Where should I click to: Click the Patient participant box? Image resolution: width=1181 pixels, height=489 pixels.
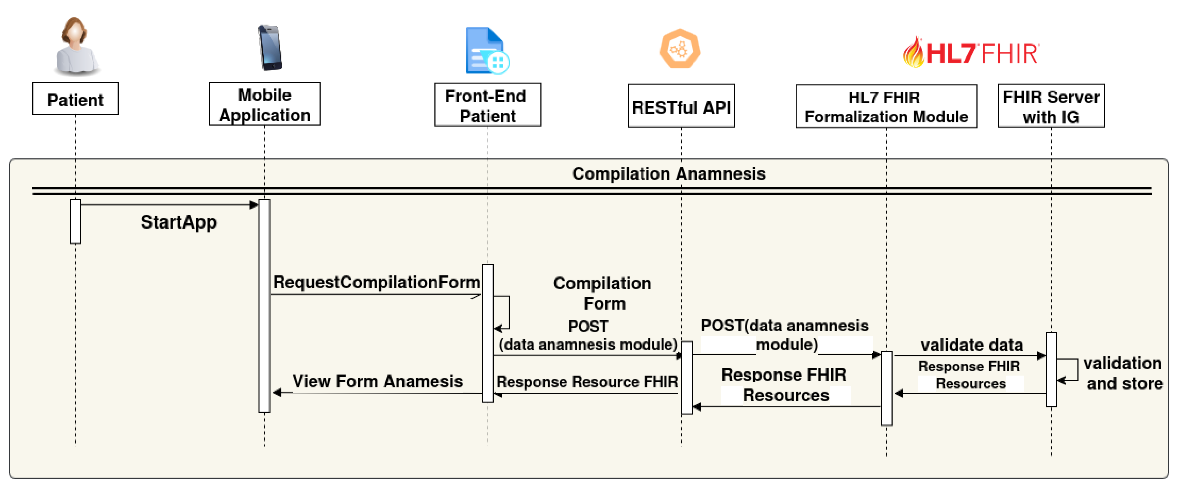(x=75, y=98)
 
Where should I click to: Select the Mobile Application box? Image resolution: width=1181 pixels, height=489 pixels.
(x=265, y=104)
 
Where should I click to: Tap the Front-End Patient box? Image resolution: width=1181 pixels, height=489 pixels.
(x=488, y=105)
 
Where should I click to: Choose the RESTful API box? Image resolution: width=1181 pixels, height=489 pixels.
(x=681, y=106)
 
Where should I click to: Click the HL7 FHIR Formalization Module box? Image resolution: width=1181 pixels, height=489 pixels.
(x=886, y=106)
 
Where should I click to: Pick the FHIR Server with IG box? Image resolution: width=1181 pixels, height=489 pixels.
(x=1051, y=106)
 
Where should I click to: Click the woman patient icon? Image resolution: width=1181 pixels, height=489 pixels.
(x=76, y=46)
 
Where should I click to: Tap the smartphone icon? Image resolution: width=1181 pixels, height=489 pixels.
(x=270, y=48)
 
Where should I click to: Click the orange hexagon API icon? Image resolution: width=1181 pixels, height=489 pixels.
(x=680, y=49)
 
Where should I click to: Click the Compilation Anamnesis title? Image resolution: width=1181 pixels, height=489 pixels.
(x=668, y=174)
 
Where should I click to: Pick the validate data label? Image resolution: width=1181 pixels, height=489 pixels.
(x=971, y=345)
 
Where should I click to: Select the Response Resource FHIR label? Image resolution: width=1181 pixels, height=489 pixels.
(x=587, y=382)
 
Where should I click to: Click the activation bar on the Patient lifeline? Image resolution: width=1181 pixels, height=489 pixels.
(x=75, y=221)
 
